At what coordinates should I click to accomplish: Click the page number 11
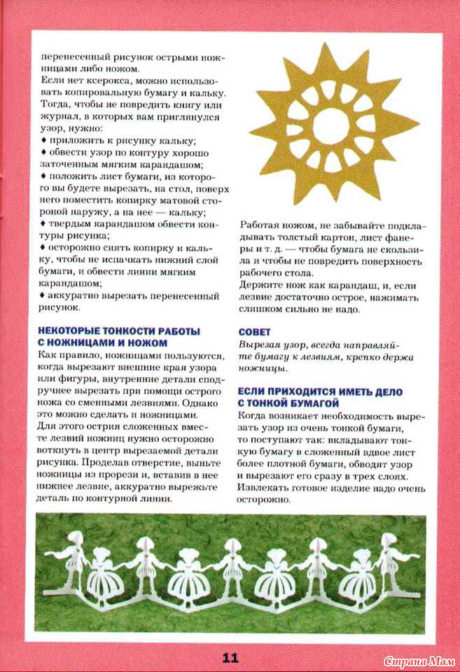[x=230, y=657]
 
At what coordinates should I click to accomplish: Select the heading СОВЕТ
[x=255, y=331]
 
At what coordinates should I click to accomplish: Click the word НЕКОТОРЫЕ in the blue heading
[x=69, y=331]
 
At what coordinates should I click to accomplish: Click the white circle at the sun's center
[x=329, y=125]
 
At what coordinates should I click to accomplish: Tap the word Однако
[x=204, y=404]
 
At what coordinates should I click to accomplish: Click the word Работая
[x=260, y=225]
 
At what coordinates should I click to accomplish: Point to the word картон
[x=344, y=237]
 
